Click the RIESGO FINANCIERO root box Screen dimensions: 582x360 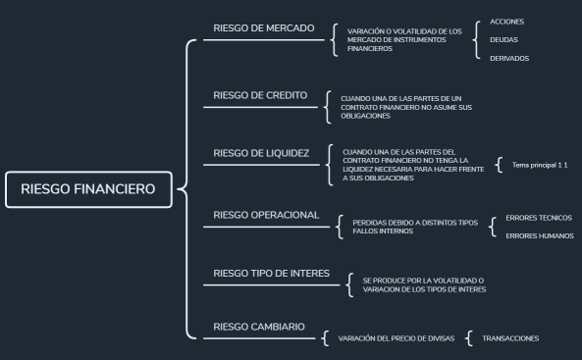tap(87, 190)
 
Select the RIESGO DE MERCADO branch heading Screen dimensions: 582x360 tap(263, 28)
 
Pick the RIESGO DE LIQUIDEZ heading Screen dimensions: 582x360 tap(261, 154)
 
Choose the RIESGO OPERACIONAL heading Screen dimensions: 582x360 tap(265, 215)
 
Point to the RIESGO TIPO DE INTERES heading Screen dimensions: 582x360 tap(272, 273)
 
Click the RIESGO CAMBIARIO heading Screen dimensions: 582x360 tap(259, 326)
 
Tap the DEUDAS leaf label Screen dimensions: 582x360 tap(503, 40)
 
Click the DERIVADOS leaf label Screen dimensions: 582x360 tap(508, 59)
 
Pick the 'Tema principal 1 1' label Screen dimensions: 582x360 tap(540, 165)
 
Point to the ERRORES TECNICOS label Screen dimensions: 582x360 tap(538, 218)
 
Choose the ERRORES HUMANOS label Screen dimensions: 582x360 tap(539, 236)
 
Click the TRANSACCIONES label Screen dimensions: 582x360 tap(510, 338)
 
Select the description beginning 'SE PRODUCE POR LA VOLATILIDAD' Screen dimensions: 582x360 tap(424, 285)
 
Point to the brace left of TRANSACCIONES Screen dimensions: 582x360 tap(469, 338)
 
